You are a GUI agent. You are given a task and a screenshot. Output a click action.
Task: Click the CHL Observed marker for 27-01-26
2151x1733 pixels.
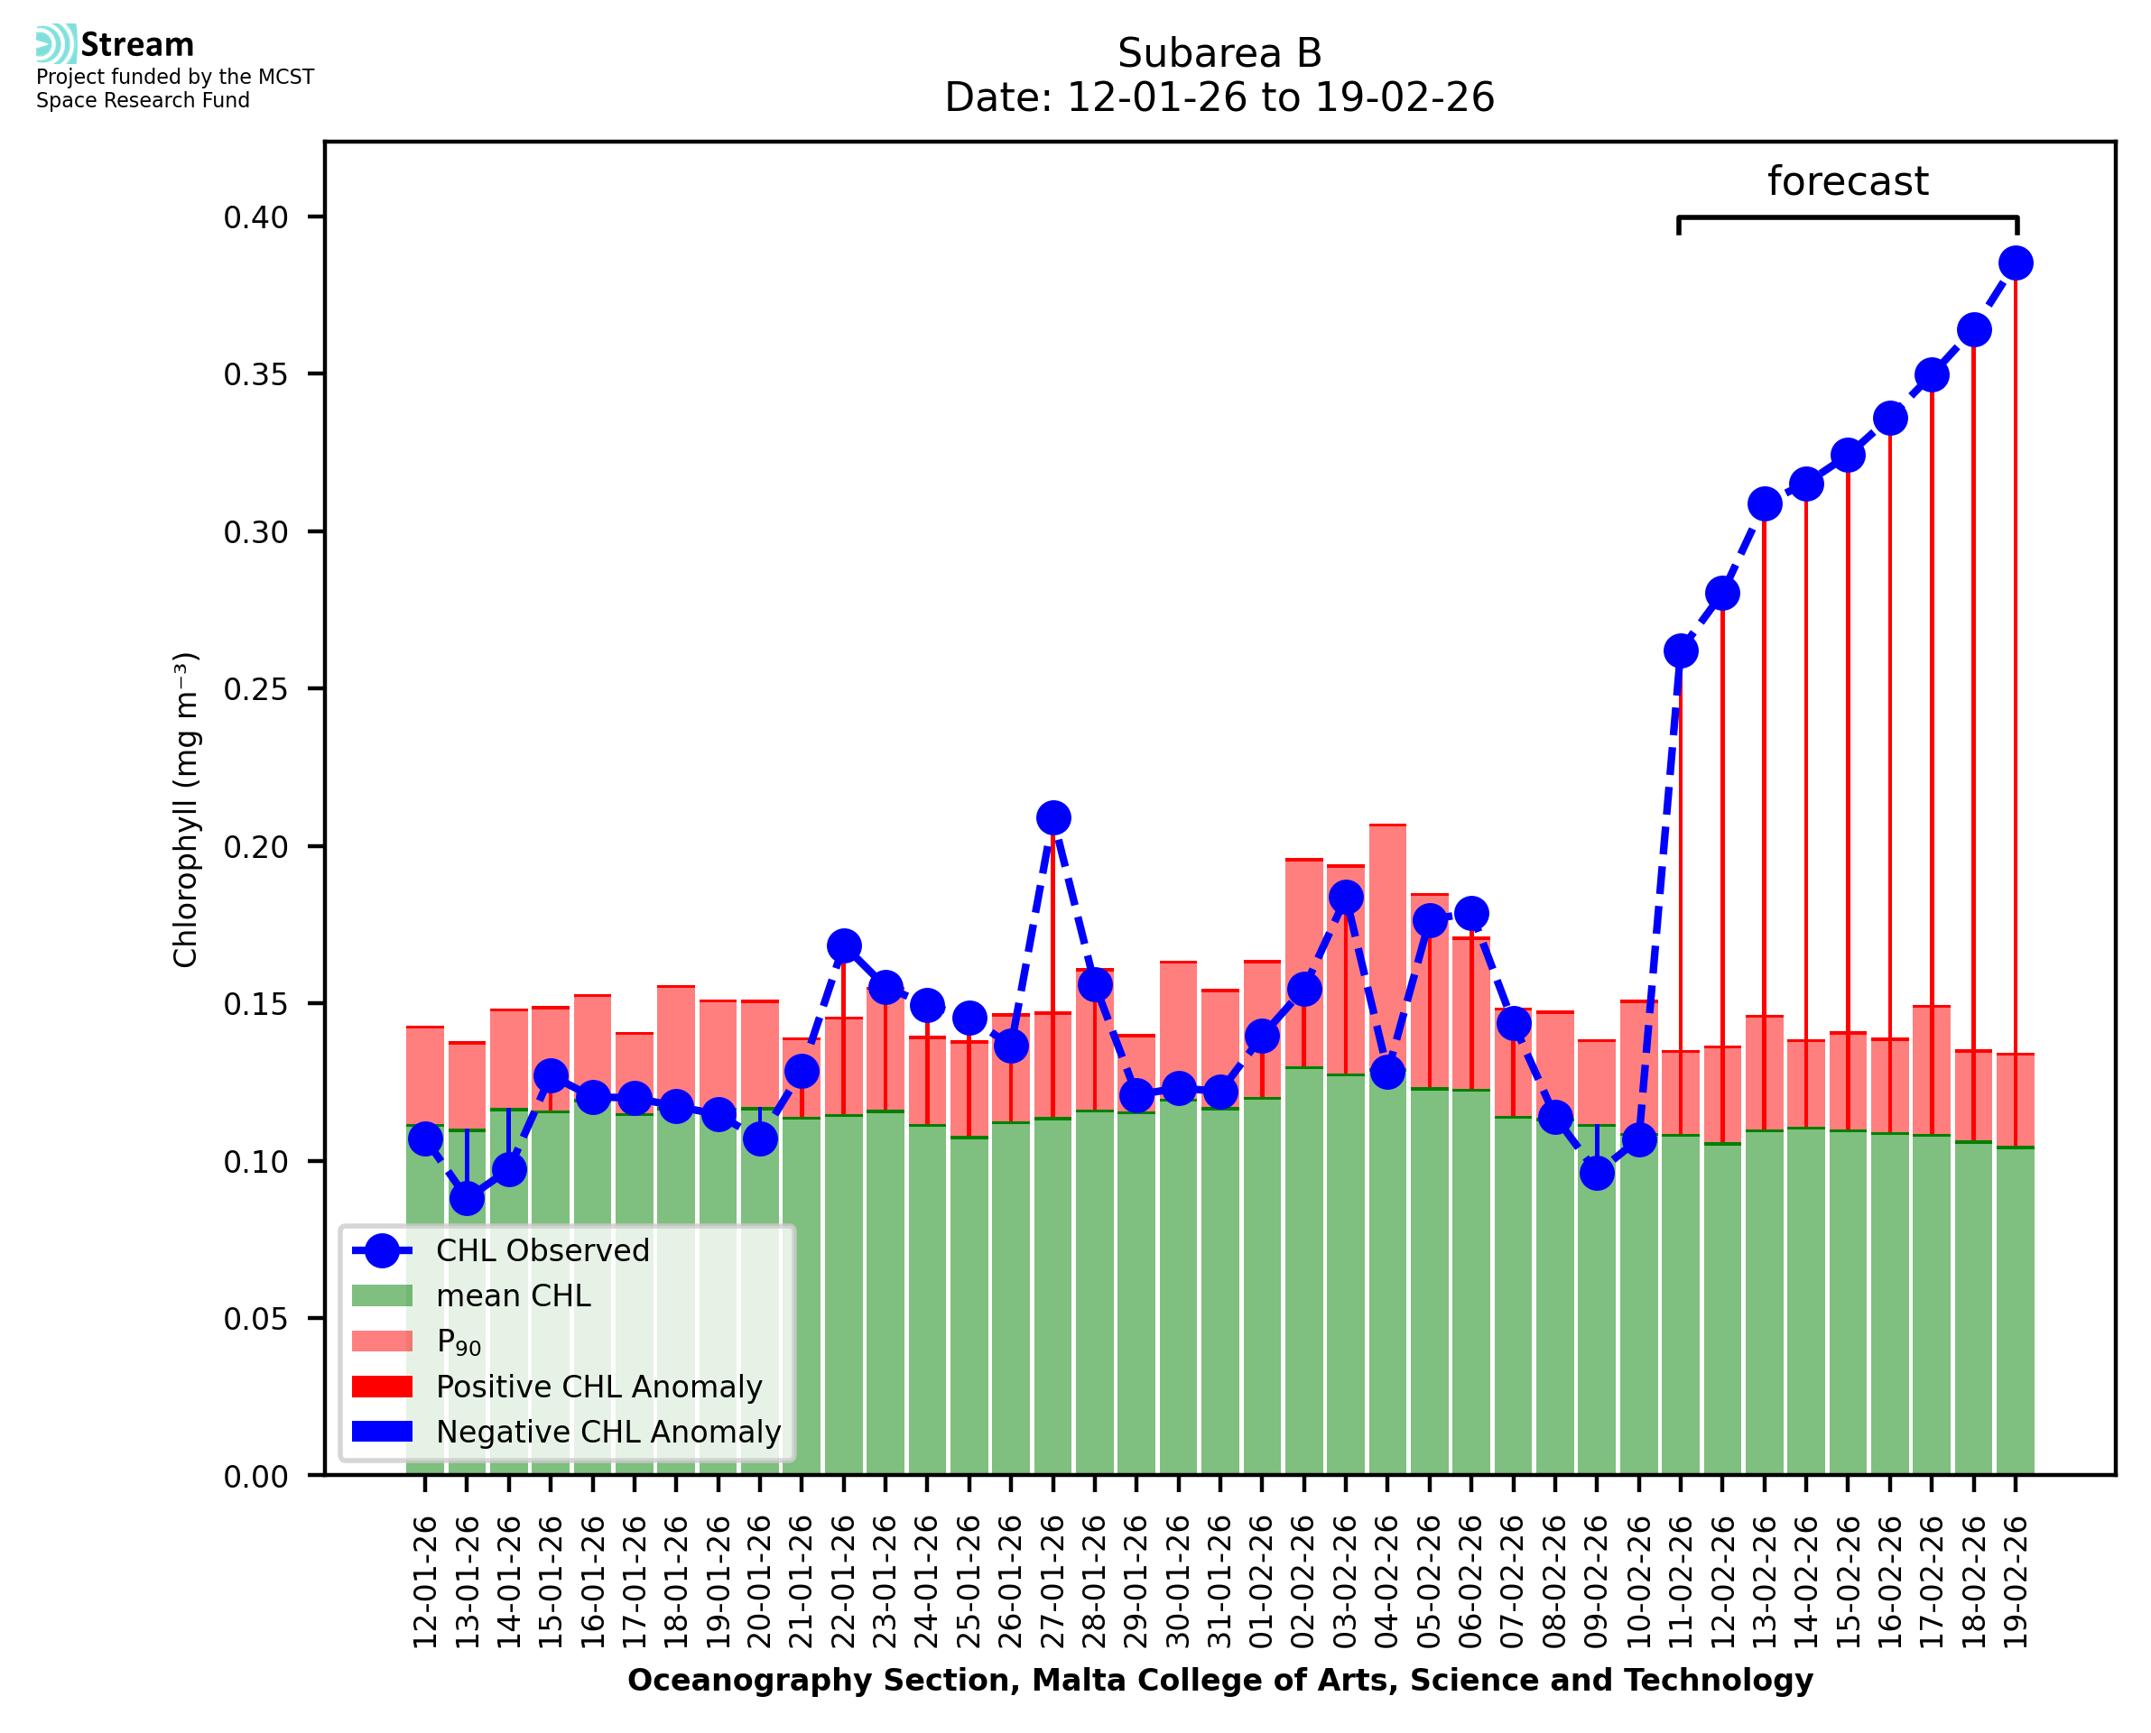(1052, 817)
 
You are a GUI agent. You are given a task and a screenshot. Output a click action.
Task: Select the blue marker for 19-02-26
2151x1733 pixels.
(2016, 263)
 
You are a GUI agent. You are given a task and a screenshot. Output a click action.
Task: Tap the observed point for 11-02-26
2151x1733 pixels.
(1681, 650)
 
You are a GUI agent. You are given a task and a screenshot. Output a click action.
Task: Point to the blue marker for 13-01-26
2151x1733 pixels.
(468, 1199)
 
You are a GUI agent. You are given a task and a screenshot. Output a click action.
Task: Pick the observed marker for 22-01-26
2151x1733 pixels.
(844, 945)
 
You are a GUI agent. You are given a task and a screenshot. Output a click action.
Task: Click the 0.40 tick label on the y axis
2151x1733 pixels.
(255, 217)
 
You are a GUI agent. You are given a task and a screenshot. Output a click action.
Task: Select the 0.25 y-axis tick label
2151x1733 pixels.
(255, 689)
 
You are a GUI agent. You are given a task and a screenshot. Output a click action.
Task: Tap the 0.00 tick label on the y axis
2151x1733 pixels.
(255, 1477)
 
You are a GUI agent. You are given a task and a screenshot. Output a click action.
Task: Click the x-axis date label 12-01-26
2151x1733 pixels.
(425, 1583)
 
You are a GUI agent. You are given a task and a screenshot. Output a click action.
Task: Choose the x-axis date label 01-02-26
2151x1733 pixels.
(1262, 1583)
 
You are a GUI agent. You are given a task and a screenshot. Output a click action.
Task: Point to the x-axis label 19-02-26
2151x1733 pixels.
(2016, 1583)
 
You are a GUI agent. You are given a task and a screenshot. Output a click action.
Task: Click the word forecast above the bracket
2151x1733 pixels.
(1848, 181)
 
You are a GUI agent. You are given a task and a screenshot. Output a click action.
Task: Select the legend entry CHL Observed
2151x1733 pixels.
(542, 1251)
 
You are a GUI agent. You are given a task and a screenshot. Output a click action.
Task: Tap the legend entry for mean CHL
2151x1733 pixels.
(514, 1295)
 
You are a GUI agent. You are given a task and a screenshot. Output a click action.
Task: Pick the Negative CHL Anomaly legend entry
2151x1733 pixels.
(607, 1432)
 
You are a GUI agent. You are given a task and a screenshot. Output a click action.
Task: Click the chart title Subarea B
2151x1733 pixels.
(1219, 53)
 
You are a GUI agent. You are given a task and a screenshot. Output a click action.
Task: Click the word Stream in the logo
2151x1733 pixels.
(137, 45)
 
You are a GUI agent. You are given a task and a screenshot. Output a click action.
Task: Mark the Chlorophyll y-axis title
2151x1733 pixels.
(187, 809)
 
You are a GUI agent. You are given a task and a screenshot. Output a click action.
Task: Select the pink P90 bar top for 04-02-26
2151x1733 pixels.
(1387, 825)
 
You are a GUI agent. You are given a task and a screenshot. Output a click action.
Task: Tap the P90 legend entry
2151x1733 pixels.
(459, 1341)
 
